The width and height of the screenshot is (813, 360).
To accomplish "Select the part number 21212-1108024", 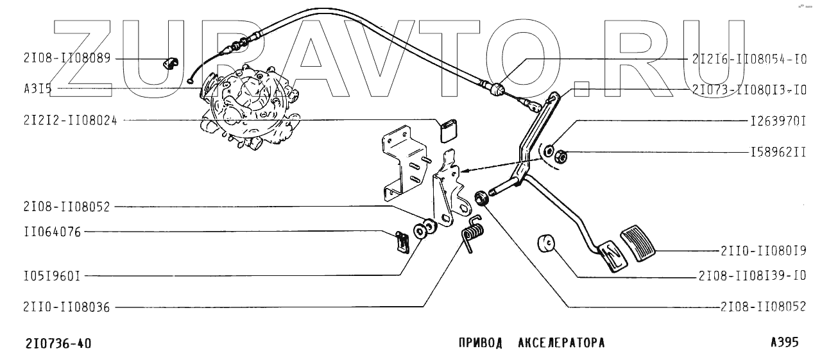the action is (69, 119).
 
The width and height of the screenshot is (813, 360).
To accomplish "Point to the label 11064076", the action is (51, 232).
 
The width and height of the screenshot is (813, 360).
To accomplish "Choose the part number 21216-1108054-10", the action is (748, 58).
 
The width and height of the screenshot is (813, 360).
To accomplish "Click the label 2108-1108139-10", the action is (751, 277).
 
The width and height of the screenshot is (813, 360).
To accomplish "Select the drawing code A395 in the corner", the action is (785, 343).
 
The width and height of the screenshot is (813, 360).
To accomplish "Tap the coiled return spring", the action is (474, 232).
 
